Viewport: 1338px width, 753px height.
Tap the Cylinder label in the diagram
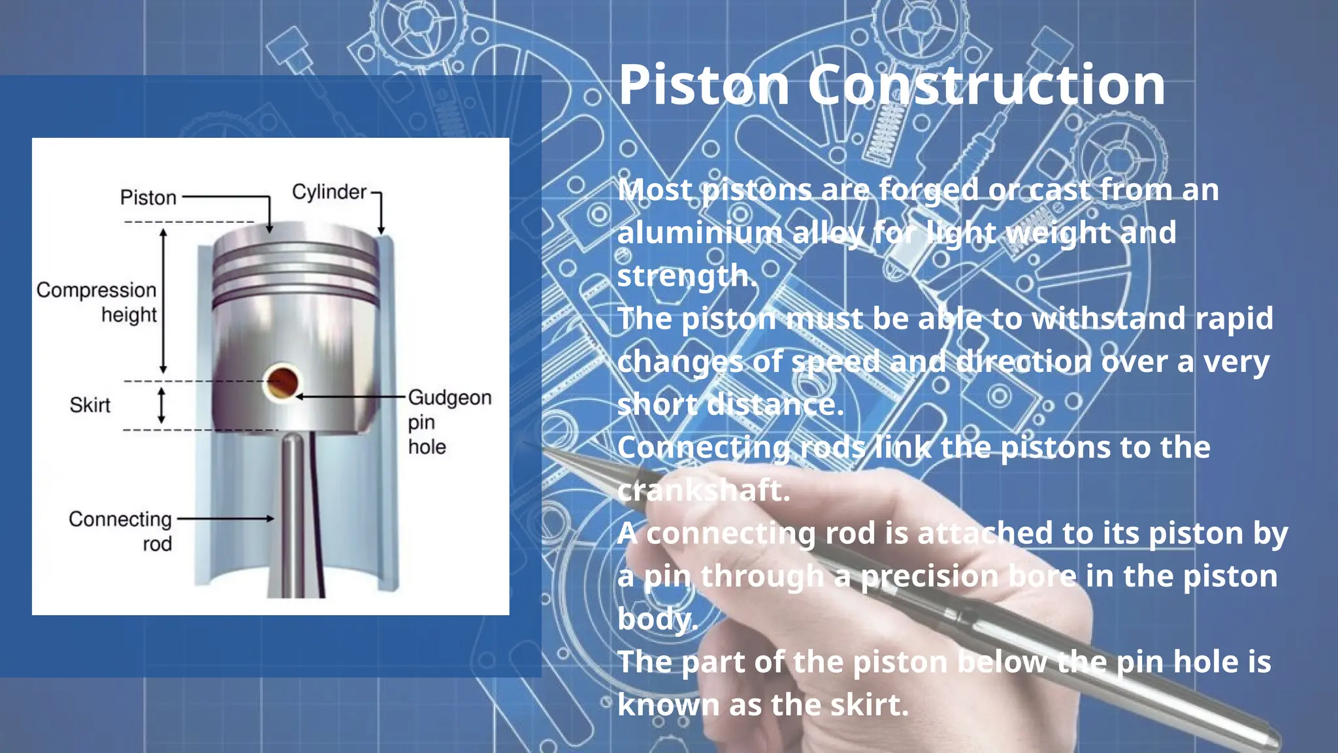329,192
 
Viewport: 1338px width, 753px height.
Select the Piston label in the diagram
148,197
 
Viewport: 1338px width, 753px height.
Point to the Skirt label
90,405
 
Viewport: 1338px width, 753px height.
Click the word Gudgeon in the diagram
449,397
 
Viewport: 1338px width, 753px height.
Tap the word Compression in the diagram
96,290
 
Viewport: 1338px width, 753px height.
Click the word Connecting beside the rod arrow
120,519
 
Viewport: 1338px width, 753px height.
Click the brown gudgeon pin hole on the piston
282,383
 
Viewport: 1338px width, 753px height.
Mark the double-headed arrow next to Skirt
162,405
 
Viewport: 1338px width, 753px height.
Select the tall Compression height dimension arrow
163,301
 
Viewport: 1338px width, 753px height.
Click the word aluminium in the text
700,233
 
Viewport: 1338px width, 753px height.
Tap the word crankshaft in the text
703,491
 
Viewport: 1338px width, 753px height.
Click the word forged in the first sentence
928,191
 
